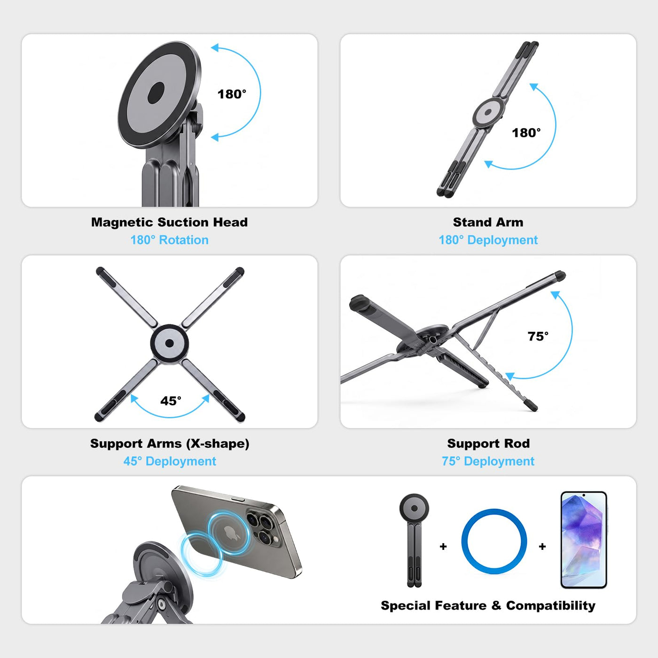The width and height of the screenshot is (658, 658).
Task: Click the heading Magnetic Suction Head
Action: (x=169, y=222)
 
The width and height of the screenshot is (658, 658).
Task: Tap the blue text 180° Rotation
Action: (x=169, y=240)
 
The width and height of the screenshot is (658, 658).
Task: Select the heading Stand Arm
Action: (x=488, y=222)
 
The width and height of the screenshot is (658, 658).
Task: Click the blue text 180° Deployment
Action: (x=488, y=240)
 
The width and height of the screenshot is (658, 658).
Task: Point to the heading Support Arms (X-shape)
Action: (x=170, y=444)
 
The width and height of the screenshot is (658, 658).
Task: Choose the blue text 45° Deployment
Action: (x=170, y=462)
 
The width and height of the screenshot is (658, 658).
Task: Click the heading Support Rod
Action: (x=488, y=444)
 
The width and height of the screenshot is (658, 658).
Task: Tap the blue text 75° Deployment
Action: (x=488, y=462)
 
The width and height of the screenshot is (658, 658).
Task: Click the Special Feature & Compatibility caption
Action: (x=488, y=606)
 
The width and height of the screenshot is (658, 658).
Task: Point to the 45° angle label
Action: (x=171, y=401)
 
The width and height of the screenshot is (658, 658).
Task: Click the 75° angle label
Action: (x=538, y=337)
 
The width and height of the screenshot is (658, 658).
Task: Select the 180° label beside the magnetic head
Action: (x=232, y=94)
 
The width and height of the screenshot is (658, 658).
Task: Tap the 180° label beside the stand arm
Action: (x=526, y=133)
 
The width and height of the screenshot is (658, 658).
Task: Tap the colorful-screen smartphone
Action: (x=584, y=540)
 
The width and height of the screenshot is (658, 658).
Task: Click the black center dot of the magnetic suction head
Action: (x=156, y=93)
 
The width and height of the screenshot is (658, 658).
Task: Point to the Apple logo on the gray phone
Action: (x=232, y=533)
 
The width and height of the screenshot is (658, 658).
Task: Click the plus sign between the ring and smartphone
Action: (x=542, y=547)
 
